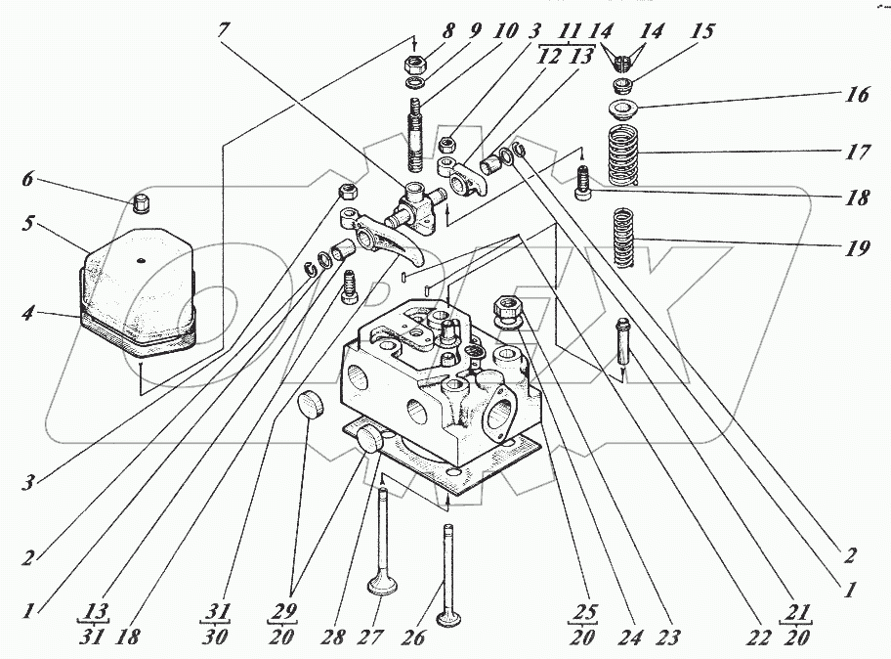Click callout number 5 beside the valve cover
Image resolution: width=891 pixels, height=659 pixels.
[29, 223]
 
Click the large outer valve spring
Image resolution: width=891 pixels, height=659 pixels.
[624, 154]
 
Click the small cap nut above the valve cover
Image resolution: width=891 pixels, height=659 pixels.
[139, 203]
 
